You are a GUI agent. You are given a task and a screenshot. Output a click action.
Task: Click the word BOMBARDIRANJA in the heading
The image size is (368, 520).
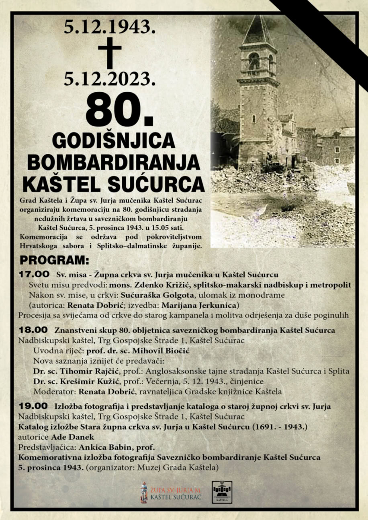114,163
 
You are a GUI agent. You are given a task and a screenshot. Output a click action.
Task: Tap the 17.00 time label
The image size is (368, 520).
34,275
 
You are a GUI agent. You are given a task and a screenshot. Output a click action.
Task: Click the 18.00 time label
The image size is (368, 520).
34,330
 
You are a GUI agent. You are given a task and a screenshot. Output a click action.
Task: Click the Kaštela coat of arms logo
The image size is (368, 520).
222,492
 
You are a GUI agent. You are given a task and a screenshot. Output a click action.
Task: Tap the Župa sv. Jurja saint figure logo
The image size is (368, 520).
144,492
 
